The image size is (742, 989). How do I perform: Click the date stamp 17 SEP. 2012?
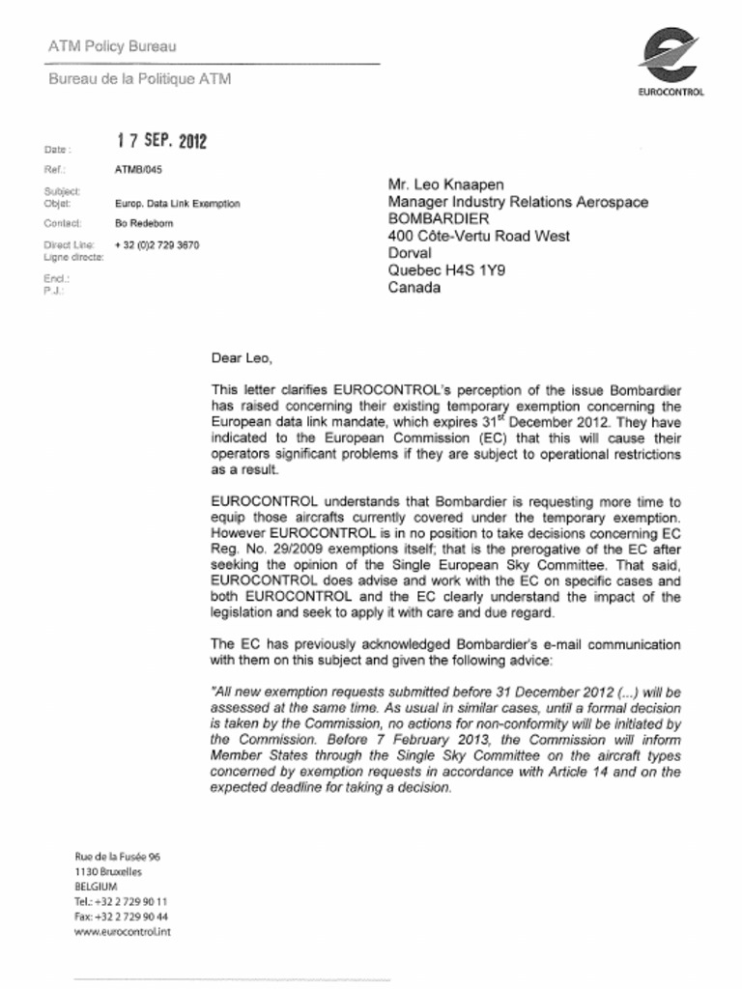coord(161,141)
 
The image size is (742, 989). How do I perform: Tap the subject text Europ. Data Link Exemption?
coord(177,204)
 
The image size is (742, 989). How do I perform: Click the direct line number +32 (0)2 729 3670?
coord(157,245)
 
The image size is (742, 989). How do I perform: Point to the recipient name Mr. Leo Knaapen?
coord(445,184)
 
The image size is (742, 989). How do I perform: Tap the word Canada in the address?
coord(414,288)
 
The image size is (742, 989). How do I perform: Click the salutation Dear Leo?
coord(242,357)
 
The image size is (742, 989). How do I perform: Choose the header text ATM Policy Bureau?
coord(112,46)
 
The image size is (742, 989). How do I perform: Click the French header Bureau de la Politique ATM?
coord(139,79)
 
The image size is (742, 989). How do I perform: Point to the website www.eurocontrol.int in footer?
coord(123,932)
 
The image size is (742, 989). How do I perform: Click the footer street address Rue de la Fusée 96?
coord(117,856)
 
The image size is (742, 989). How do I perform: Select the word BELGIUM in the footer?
coord(96,886)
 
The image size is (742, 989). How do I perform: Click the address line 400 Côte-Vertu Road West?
coord(478,237)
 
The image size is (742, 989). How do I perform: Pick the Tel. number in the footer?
coord(122,900)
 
